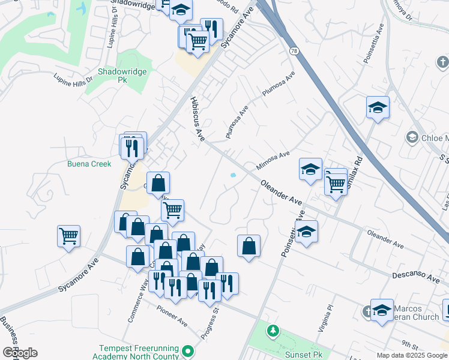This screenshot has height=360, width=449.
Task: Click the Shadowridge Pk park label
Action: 114,75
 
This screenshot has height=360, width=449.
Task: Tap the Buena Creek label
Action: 89,164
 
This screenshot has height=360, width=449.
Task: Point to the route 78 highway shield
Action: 294,52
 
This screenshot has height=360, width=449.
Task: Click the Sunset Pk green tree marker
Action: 273,331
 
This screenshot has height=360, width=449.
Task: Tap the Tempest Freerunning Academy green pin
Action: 188,350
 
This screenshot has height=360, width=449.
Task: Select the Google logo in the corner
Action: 20,353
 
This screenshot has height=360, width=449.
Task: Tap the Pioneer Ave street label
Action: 172,317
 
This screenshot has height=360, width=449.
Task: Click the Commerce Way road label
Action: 138,303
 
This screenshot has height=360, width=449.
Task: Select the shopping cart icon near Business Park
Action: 68,235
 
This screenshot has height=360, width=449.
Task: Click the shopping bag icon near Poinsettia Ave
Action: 249,245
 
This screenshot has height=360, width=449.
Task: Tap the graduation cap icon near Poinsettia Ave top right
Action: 378,108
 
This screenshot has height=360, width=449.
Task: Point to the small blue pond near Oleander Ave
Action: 232,175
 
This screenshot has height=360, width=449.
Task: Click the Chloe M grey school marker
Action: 412,137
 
